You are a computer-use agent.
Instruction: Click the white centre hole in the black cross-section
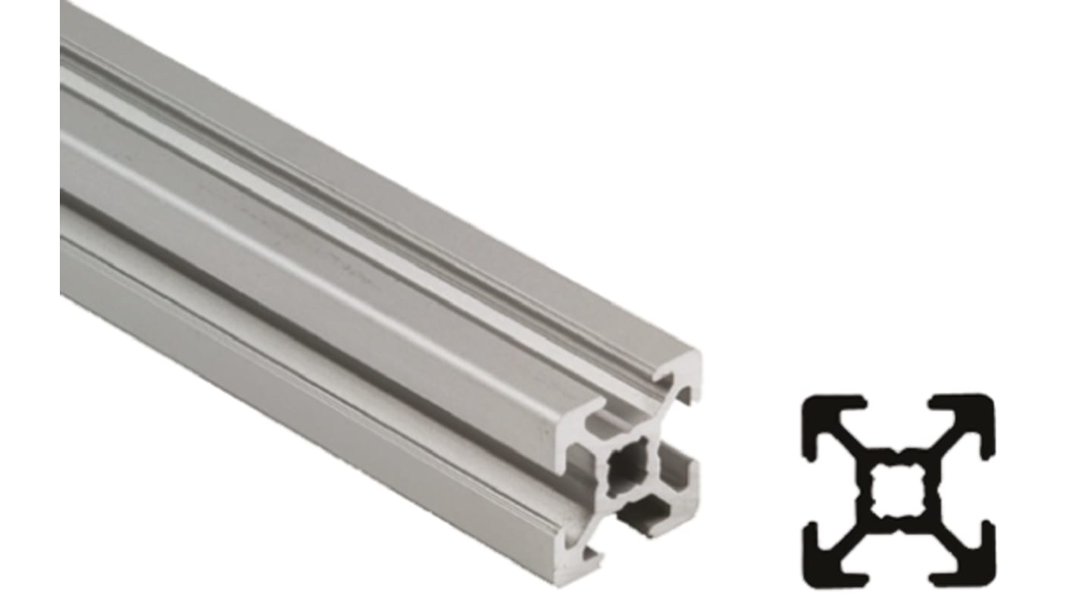[899, 490]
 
